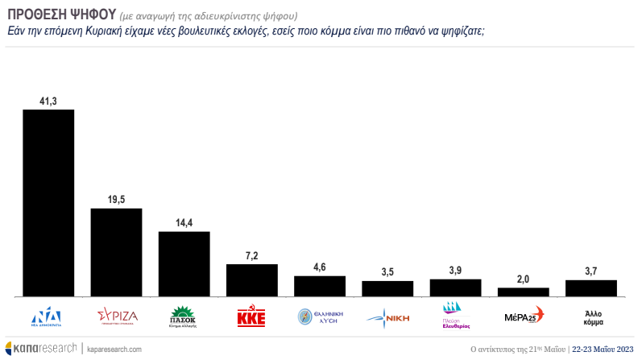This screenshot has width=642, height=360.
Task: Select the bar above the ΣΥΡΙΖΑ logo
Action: tap(116, 252)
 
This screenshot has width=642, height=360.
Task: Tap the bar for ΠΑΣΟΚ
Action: tap(184, 264)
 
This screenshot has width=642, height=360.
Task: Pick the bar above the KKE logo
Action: tap(252, 280)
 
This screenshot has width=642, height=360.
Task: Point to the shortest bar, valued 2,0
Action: tap(523, 292)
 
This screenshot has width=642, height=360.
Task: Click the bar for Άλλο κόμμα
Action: tap(591, 288)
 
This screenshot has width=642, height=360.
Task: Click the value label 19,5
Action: tap(116, 199)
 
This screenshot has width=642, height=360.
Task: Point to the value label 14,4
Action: tap(184, 222)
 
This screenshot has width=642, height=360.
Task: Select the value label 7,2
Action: tap(252, 254)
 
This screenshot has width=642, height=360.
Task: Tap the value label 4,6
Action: tap(320, 267)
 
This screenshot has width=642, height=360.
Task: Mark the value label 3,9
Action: tap(456, 270)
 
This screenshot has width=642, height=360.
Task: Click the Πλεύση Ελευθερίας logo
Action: tap(456, 317)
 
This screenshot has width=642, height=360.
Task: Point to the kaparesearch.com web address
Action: tap(114, 349)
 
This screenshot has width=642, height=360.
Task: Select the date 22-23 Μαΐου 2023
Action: tap(603, 349)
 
